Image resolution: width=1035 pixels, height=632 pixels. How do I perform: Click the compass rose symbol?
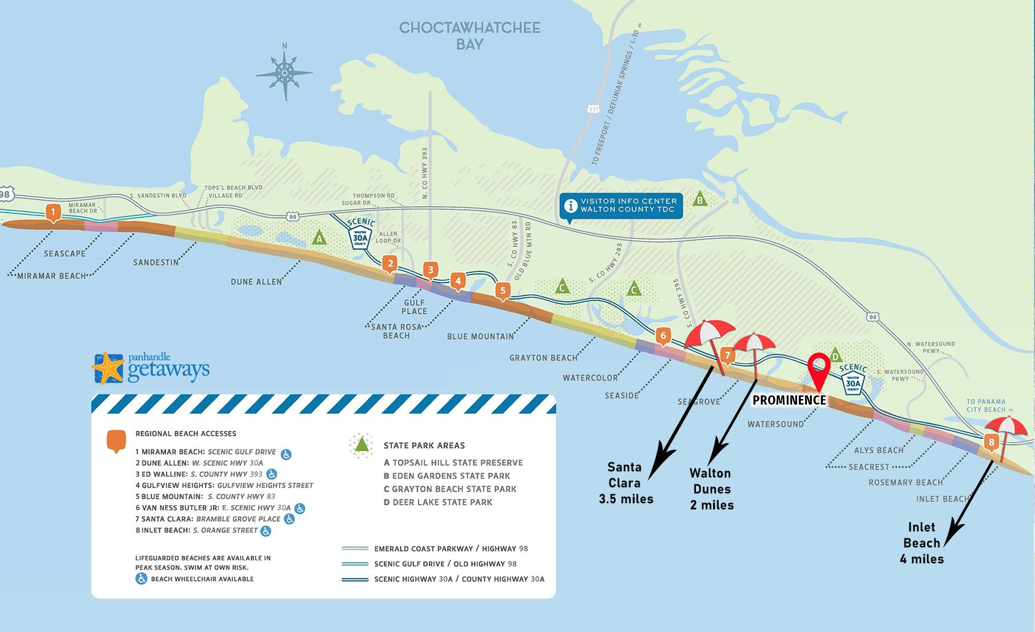pos(285,74)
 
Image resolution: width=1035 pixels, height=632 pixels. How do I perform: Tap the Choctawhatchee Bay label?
pos(470,36)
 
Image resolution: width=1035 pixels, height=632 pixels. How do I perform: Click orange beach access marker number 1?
pos(53,213)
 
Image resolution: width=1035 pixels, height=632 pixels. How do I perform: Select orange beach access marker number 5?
pos(503,291)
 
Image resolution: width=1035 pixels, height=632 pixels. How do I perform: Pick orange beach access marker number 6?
pos(663,336)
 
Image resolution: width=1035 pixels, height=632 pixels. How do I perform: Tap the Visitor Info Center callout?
pos(621,205)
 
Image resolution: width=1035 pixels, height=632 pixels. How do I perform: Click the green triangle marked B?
pos(700,199)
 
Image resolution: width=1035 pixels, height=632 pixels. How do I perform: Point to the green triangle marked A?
pos(319,238)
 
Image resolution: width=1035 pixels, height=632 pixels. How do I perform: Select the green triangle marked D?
pos(835,356)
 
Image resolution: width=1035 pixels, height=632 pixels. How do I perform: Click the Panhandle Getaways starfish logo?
pos(108,368)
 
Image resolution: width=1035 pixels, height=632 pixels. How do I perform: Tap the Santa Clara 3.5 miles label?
pos(625,483)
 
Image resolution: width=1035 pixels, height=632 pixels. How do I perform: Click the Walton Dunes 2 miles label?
pos(711,489)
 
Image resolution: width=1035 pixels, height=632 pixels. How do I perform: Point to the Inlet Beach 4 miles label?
pos(922,543)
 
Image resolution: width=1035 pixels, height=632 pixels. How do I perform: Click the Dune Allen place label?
pos(256,282)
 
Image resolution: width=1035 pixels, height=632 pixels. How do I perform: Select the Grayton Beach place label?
pos(543,358)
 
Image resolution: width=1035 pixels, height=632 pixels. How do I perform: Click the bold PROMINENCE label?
pos(789,400)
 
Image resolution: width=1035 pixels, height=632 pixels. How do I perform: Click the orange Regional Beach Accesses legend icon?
pos(116,441)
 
